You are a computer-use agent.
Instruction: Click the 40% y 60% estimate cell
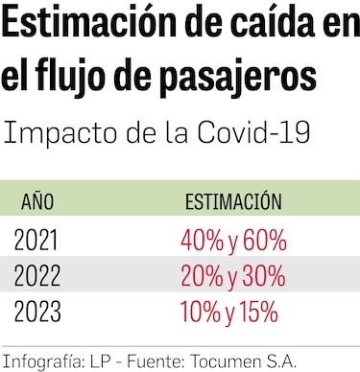pyautogui.click(x=232, y=240)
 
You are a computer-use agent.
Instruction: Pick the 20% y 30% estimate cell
pyautogui.click(x=232, y=276)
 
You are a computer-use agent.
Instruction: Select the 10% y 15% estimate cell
pyautogui.click(x=229, y=312)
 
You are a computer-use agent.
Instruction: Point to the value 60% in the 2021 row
pyautogui.click(x=263, y=240)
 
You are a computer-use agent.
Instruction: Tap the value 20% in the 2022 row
pyautogui.click(x=202, y=276)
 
